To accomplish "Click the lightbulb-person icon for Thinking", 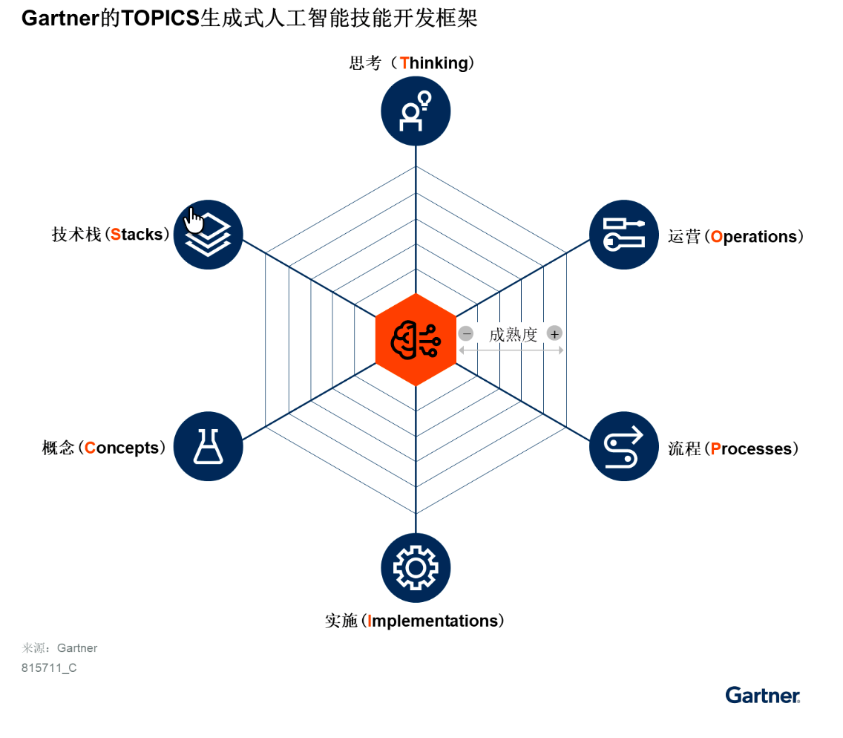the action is coord(416,111).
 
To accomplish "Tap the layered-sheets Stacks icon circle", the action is coord(208,235).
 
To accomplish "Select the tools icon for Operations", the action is coord(623,235).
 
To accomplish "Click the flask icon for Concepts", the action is coord(208,446).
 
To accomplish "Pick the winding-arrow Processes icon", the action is coord(623,446).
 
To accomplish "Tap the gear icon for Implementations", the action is coord(416,568).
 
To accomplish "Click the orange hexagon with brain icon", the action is coord(416,340).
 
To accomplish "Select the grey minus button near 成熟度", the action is coord(466,333).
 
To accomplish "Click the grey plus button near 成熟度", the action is coord(554,333).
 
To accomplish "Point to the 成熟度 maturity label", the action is coord(513,335).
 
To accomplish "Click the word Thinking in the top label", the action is coord(434,63).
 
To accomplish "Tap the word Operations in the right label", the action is coord(754,237).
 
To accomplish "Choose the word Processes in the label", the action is coord(751,448).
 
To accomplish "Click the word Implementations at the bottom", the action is coord(433,621).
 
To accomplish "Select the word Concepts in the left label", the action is coord(122,448).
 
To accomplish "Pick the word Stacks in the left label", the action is coord(137,235).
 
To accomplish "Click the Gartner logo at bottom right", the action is coord(763,696).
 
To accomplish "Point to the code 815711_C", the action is coord(49,668).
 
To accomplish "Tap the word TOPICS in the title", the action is coord(160,19).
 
